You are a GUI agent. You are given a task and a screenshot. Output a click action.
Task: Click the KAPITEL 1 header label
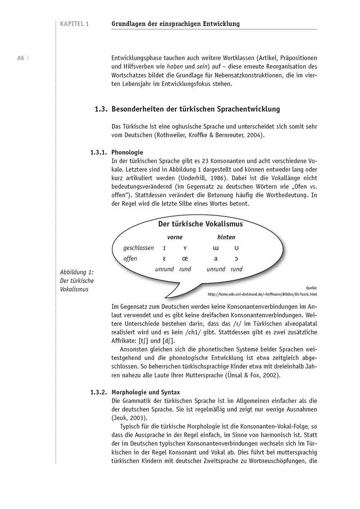point(74,24)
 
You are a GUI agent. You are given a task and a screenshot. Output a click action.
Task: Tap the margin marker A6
point(21,58)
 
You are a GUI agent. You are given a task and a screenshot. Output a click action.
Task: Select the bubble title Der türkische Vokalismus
point(200,224)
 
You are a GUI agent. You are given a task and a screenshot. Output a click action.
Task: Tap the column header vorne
point(175,237)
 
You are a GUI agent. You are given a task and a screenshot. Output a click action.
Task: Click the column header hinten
point(226,237)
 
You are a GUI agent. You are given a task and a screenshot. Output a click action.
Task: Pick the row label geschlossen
point(139,248)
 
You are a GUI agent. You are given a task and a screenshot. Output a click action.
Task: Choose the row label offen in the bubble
point(130,259)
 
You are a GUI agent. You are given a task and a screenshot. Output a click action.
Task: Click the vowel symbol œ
point(185,259)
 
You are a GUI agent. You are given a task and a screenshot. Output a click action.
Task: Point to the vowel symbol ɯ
point(216,248)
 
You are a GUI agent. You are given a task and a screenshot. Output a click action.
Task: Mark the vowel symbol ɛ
point(164,259)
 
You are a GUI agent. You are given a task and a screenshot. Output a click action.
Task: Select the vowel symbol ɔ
point(237,259)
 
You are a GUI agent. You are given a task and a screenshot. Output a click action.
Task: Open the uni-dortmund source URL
point(262,294)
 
